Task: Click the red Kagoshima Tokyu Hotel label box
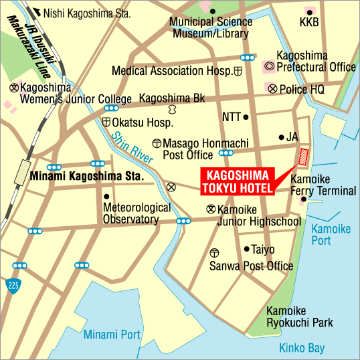coord(239,181)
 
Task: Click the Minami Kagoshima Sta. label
coord(87,177)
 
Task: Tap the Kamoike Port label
coord(331,234)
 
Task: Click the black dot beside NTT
coord(246,117)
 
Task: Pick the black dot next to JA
coord(281,137)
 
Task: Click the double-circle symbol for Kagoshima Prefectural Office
coord(269,67)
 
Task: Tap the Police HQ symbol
coord(272,88)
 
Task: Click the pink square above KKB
coord(309,12)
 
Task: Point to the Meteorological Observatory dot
coord(107,196)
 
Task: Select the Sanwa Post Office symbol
coord(214,253)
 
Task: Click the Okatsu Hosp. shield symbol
coord(106,122)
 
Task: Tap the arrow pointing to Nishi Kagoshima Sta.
coord(37,12)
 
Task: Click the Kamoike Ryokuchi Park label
coord(299,317)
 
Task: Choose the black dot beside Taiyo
coord(246,249)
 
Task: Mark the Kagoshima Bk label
coord(172,98)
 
